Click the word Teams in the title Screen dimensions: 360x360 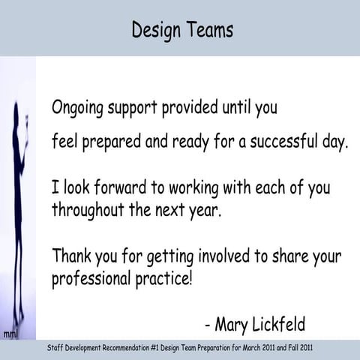[209, 30]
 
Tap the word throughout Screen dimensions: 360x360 [89, 210]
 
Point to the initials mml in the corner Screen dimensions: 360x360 [11, 333]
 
